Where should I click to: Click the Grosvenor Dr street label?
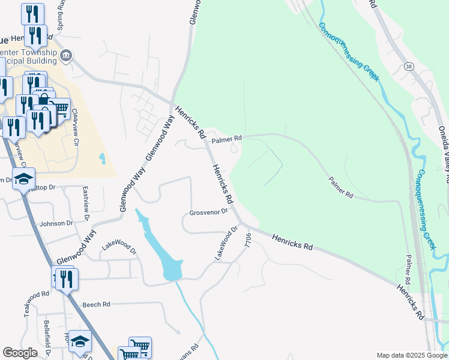click(208, 212)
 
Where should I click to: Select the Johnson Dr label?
click(56, 223)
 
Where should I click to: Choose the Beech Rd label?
click(97, 305)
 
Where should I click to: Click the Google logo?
click(20, 353)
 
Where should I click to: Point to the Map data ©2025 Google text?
click(411, 355)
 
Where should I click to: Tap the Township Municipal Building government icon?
click(66, 56)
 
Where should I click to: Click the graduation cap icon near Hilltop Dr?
click(24, 179)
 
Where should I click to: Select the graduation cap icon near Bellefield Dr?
click(80, 341)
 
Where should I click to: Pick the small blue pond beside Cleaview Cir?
click(102, 159)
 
